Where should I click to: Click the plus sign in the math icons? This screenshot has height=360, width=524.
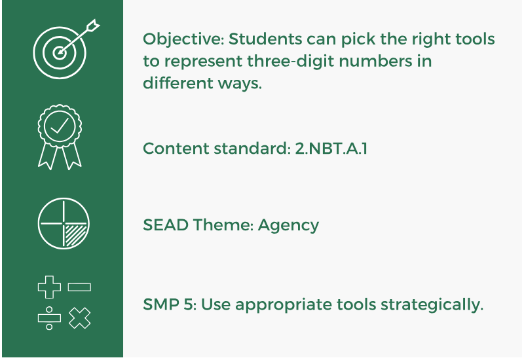49,287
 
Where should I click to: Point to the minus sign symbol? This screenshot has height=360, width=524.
79,287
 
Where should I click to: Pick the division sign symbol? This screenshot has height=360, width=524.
49,318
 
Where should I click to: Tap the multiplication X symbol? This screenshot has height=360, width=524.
79,318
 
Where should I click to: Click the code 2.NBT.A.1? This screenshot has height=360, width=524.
329,149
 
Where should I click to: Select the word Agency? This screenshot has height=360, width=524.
288,226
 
